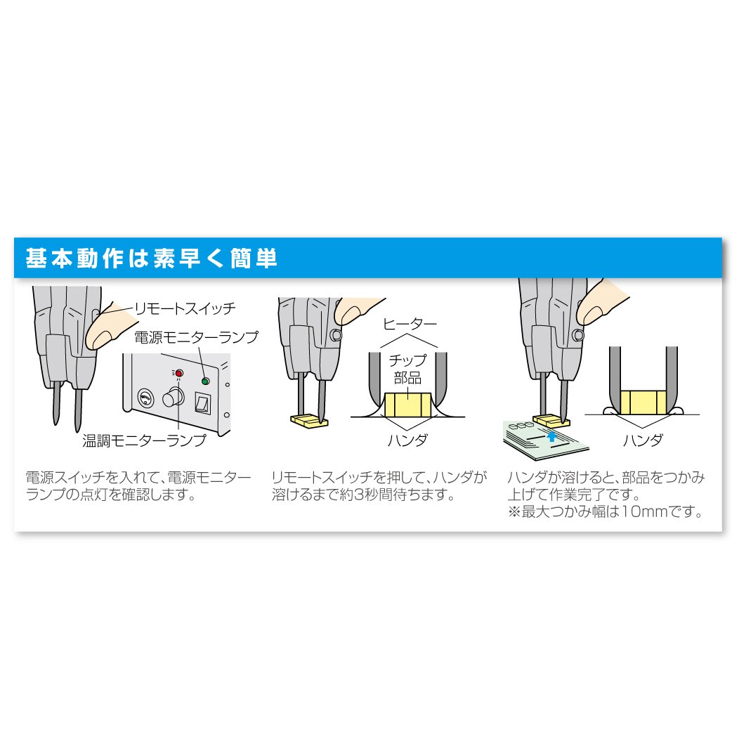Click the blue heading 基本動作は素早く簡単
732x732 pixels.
click(152, 258)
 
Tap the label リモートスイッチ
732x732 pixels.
click(185, 308)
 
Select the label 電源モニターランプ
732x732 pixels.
click(196, 337)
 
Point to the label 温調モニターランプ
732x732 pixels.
click(144, 440)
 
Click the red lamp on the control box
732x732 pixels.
click(179, 373)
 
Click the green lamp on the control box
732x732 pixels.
click(205, 381)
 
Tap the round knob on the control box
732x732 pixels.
click(172, 398)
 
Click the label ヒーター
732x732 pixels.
click(410, 324)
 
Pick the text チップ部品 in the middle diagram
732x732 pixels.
click(407, 369)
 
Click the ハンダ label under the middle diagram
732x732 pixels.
click(407, 440)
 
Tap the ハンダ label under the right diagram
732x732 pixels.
click(642, 440)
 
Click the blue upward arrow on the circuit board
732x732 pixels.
click(551, 436)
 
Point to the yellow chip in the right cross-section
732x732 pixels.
click(643, 403)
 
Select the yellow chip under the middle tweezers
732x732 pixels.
click(309, 421)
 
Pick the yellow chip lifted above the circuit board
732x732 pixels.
click(551, 421)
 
